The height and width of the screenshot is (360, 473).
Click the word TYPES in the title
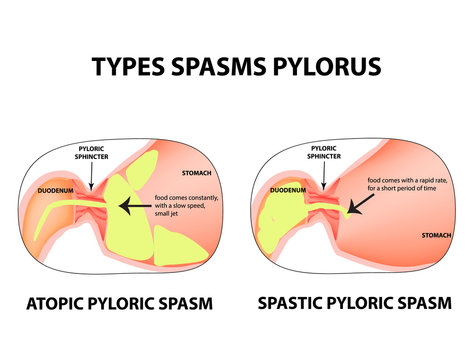[130, 67]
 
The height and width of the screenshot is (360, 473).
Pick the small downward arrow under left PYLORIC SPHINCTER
[90, 178]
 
